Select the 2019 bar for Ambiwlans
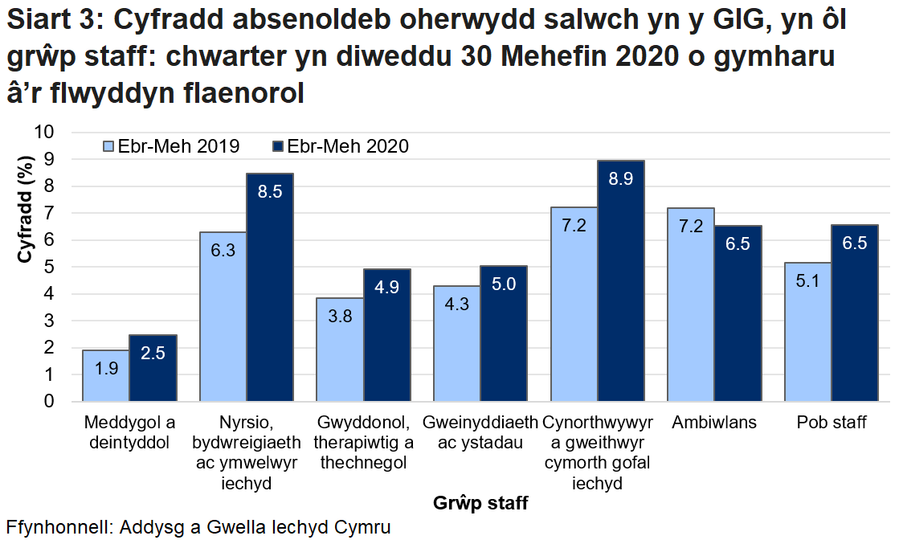[x=691, y=305]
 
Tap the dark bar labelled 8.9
[x=621, y=281]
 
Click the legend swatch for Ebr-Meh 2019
[x=108, y=146]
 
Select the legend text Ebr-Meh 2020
[x=348, y=146]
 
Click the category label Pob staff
[x=832, y=423]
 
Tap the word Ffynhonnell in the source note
[x=58, y=528]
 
